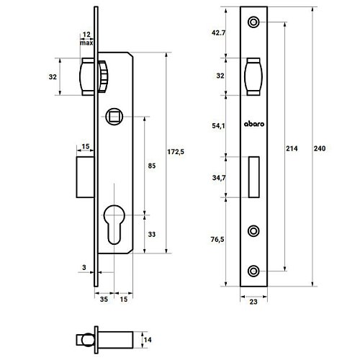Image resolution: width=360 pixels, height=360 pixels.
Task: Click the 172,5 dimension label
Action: point(176,152)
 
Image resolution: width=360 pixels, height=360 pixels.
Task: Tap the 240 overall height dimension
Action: point(320,148)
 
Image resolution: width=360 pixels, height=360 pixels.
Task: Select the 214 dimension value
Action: point(292,148)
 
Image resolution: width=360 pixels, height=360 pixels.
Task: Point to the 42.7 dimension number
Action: point(219,32)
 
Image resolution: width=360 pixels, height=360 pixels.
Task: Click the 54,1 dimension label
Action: point(218,125)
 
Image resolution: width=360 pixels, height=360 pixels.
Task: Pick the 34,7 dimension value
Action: point(219,178)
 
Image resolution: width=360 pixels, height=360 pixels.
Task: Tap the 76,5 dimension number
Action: point(217,239)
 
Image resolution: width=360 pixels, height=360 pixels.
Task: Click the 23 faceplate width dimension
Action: point(253,302)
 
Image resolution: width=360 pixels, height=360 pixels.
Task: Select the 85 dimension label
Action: point(152,166)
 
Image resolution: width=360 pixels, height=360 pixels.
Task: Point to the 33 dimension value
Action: point(152,234)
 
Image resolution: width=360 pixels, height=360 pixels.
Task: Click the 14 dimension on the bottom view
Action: point(148,340)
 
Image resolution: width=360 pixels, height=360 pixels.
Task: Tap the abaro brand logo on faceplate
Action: point(254,124)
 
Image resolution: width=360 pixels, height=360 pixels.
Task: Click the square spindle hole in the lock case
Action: point(114,117)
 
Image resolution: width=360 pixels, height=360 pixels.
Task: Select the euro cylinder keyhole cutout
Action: point(114,224)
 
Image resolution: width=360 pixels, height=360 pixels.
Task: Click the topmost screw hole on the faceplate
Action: point(253,22)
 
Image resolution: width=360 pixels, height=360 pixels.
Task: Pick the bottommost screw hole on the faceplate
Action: point(253,271)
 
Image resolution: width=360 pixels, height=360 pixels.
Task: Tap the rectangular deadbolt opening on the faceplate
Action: point(253,177)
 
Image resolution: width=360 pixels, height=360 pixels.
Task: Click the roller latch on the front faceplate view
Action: point(253,76)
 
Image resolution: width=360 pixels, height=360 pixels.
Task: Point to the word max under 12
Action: point(86,43)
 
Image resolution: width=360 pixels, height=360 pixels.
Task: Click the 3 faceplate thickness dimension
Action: point(84,267)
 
